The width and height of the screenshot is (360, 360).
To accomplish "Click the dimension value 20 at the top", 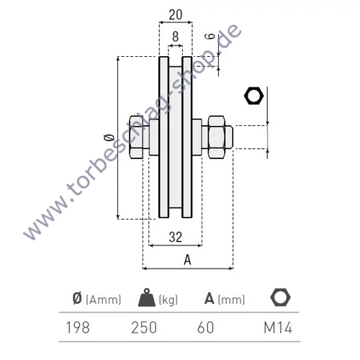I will click(176, 14).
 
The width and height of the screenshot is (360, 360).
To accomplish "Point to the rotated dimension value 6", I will click(209, 37).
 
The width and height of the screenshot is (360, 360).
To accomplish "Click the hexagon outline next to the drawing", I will click(255, 96).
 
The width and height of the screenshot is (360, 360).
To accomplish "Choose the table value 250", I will click(144, 328).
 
